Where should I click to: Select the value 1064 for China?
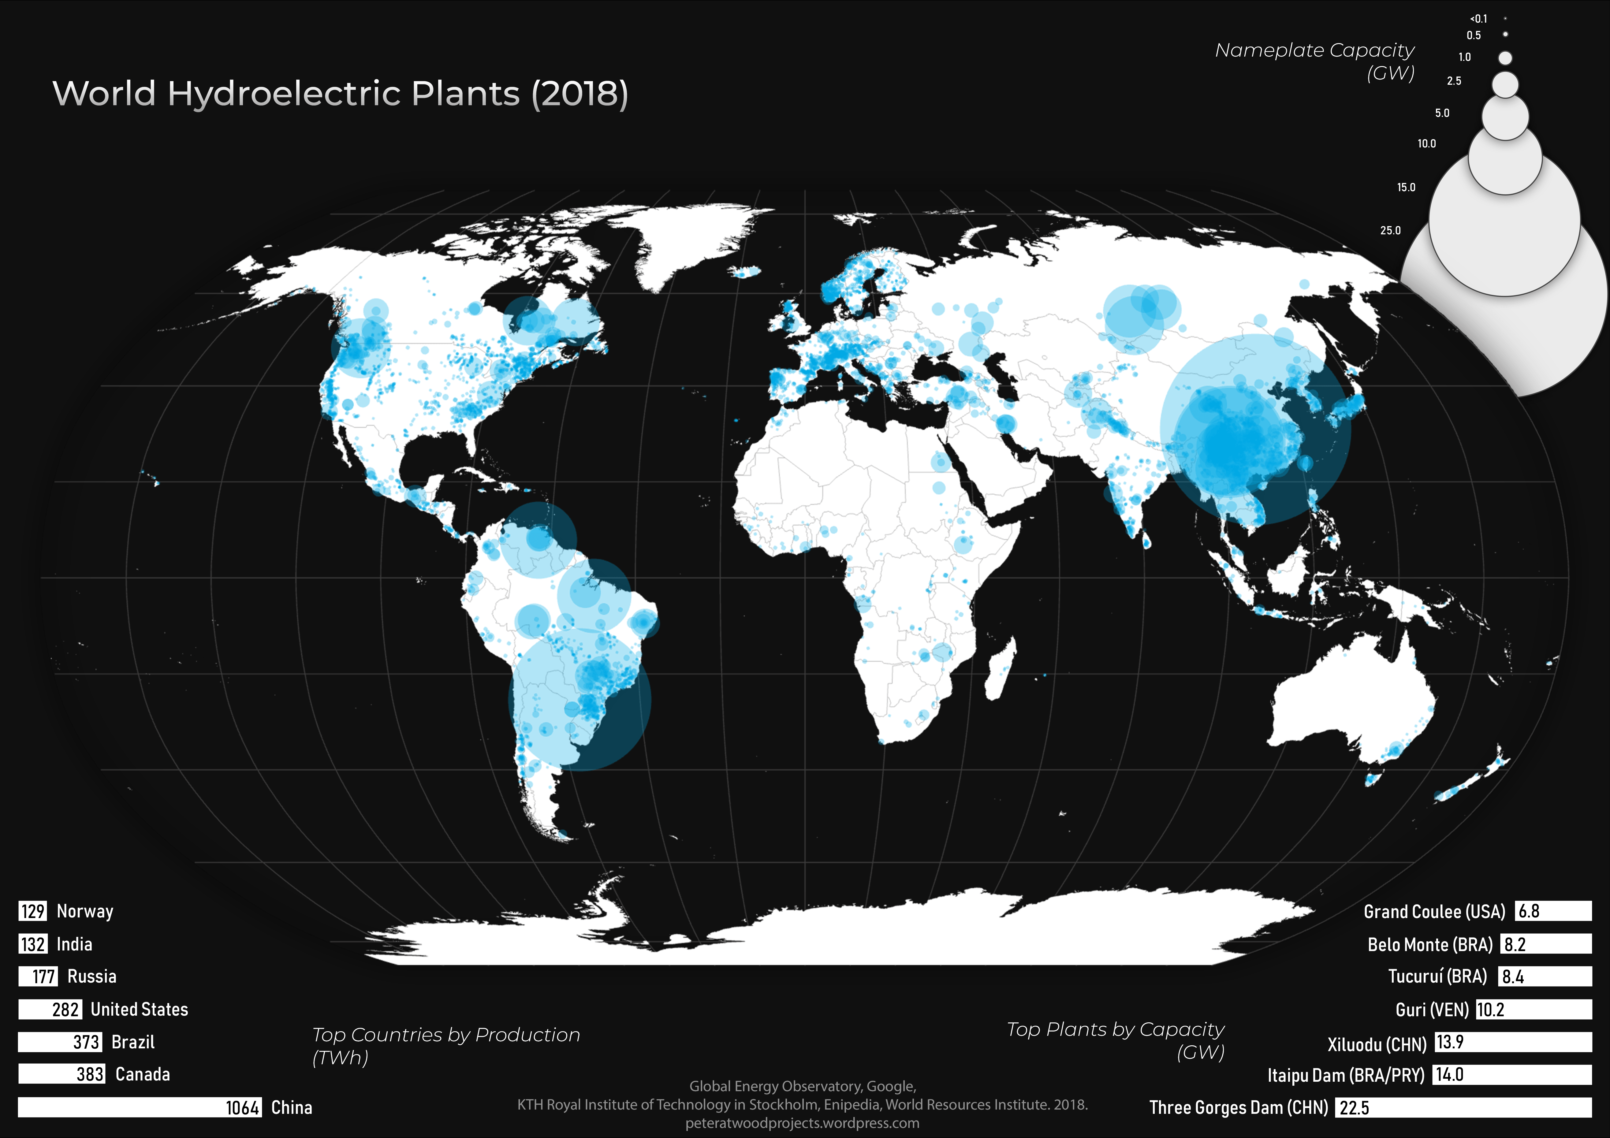point(243,1108)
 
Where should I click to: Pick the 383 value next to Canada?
point(90,1074)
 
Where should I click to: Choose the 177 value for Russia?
point(43,977)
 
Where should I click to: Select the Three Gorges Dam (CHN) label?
point(1238,1108)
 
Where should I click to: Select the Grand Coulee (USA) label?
point(1434,912)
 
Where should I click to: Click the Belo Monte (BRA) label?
point(1430,944)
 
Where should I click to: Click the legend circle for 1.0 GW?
point(1505,58)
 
